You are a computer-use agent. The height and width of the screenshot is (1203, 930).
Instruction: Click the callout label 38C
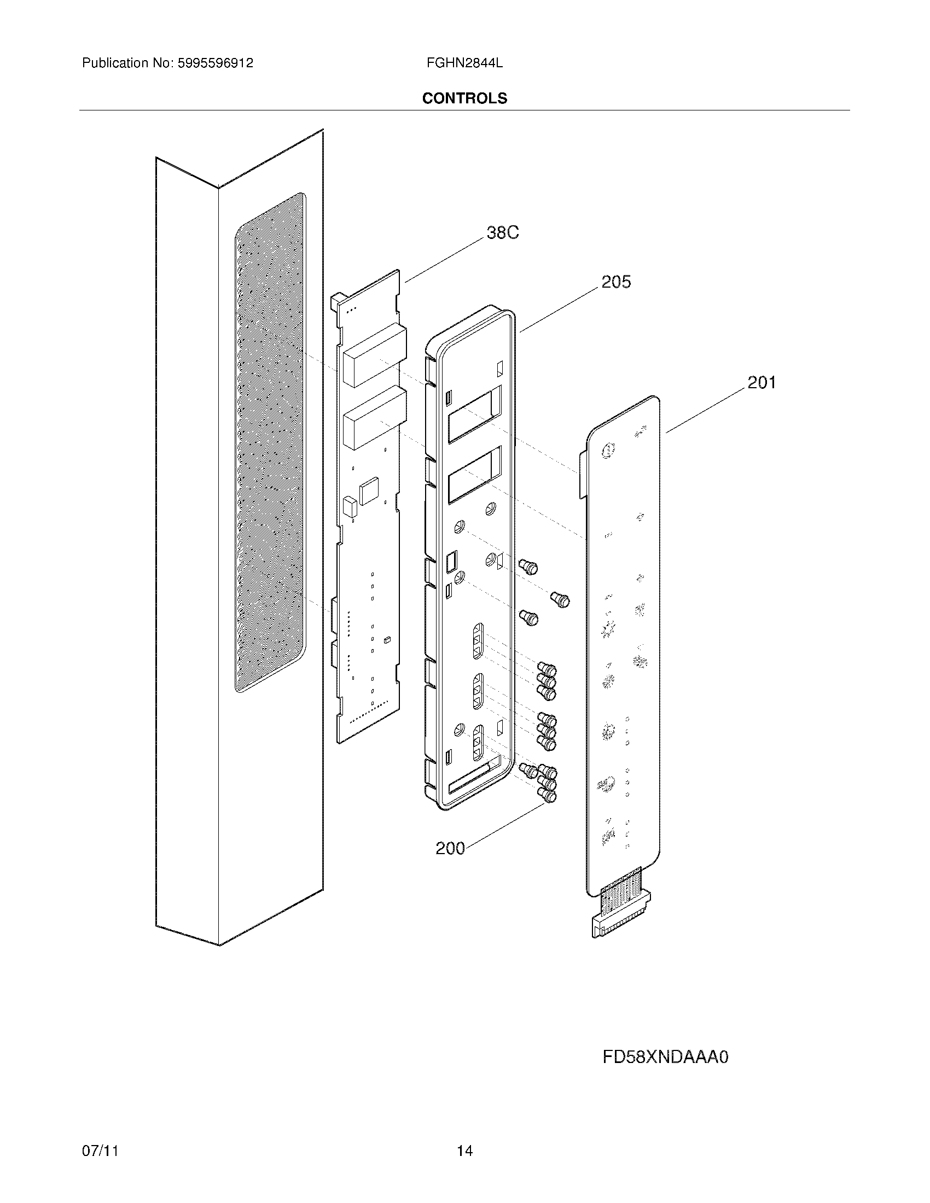click(x=502, y=233)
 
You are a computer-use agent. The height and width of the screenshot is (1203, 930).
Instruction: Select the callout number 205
click(x=615, y=282)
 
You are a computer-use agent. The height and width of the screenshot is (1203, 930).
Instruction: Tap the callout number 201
click(x=762, y=382)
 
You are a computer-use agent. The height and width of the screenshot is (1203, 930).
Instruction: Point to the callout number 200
click(x=450, y=848)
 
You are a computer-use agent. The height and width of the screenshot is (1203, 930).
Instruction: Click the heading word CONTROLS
click(x=464, y=98)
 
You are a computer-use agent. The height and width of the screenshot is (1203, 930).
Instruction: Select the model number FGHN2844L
click(x=464, y=63)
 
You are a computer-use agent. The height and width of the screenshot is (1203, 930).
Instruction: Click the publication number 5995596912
click(x=216, y=63)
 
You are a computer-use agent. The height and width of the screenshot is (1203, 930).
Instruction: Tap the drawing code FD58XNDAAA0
click(x=665, y=1056)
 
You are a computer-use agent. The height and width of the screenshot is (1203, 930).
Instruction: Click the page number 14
click(x=464, y=1135)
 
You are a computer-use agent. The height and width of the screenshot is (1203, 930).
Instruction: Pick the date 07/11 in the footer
click(x=100, y=1135)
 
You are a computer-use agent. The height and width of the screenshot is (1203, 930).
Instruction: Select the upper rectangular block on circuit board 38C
click(x=375, y=356)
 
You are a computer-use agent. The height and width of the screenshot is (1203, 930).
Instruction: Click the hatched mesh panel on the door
click(x=269, y=441)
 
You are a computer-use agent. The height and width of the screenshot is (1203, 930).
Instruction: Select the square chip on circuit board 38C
click(x=368, y=491)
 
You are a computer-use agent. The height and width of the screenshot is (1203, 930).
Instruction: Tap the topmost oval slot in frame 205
click(x=478, y=641)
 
